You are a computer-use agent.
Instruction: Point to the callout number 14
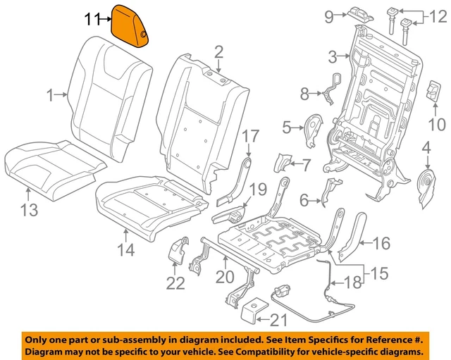point(125,249)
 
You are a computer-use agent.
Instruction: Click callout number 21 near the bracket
point(279,321)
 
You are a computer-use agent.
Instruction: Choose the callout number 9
point(328,15)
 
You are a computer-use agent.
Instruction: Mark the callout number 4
point(426,147)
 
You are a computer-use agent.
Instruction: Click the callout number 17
point(251,135)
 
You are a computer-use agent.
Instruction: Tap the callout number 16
point(381,244)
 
